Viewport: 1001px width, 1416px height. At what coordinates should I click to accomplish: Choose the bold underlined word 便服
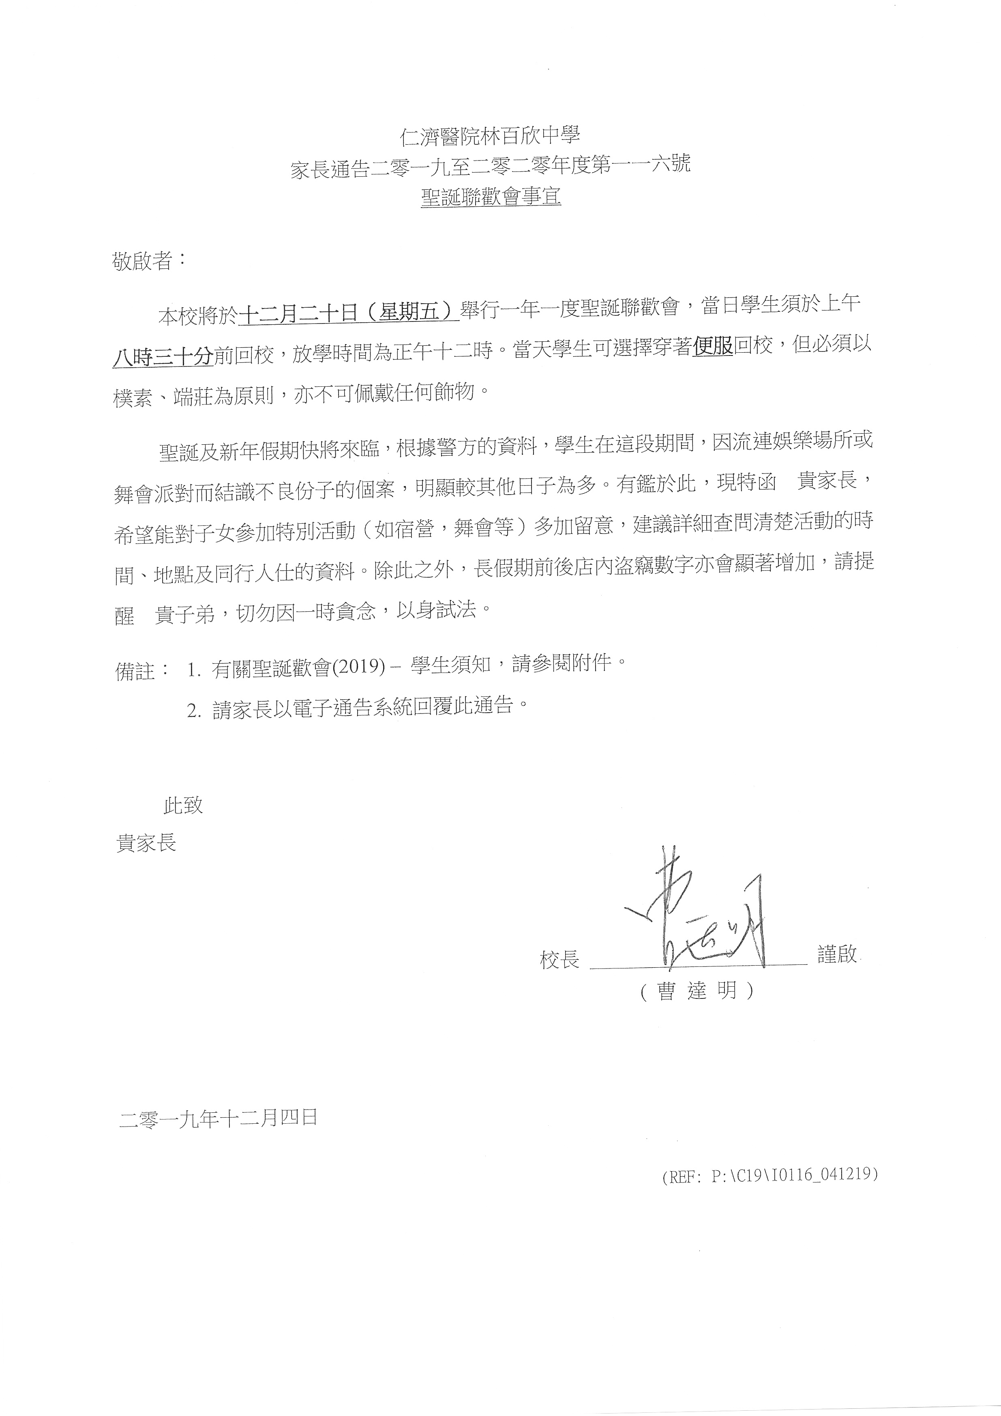[713, 348]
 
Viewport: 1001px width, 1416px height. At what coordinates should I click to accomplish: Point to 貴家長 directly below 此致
[146, 842]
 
